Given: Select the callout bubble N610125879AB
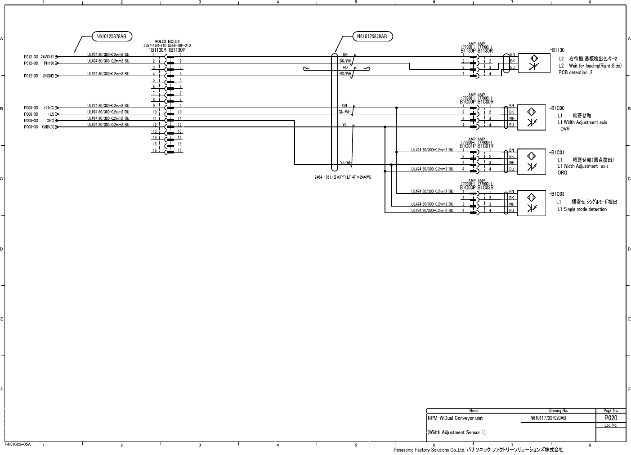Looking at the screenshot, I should click(x=372, y=36).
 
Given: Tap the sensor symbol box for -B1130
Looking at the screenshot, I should click(x=533, y=63).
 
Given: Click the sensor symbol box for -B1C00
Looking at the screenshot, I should click(x=531, y=117).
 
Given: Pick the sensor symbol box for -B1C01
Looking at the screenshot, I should click(x=531, y=161).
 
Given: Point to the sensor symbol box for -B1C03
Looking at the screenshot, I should click(x=531, y=203).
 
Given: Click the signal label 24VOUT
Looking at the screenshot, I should click(x=47, y=57).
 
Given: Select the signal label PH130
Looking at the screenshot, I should click(x=49, y=63).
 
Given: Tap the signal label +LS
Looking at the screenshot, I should click(x=50, y=114).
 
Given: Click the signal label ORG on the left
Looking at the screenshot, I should click(x=50, y=121).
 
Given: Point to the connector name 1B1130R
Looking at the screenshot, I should click(x=158, y=50).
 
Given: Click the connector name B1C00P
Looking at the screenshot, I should click(x=468, y=102).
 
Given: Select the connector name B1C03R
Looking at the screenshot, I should click(x=485, y=187).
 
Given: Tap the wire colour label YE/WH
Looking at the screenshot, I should click(x=345, y=162).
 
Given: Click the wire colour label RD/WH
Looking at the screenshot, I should click(x=345, y=73).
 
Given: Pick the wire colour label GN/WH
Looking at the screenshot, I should click(x=345, y=112).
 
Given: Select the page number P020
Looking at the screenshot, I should click(x=610, y=418).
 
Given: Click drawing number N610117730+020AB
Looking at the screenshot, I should click(x=548, y=418).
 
